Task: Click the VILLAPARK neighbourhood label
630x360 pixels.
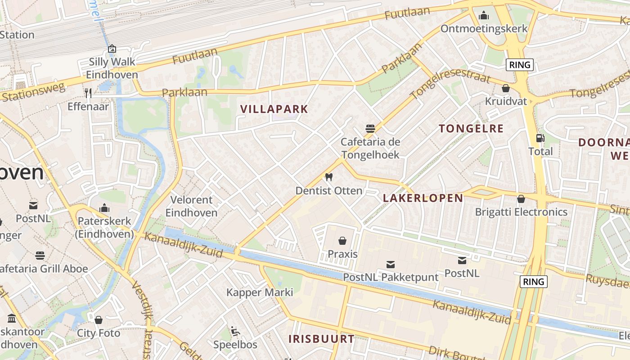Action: (x=274, y=109)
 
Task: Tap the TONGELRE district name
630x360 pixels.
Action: (x=471, y=129)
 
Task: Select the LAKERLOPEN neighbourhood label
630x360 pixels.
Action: (x=423, y=198)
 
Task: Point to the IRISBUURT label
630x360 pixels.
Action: (x=321, y=339)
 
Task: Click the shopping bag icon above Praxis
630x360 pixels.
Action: (x=342, y=241)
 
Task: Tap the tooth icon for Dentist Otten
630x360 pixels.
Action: (x=328, y=177)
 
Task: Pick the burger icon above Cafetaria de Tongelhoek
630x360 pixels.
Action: (x=370, y=128)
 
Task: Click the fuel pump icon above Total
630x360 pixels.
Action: (x=540, y=138)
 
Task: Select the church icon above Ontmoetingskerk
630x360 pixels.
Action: (x=484, y=16)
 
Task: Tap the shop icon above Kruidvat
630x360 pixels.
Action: (x=505, y=88)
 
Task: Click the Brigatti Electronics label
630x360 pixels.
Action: (x=521, y=211)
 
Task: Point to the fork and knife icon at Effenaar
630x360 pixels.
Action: (x=88, y=93)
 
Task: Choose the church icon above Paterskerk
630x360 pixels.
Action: (x=104, y=208)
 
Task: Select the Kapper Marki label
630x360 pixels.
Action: (x=260, y=292)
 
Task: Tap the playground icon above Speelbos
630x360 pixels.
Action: (x=235, y=332)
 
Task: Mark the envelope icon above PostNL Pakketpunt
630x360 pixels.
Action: (x=391, y=264)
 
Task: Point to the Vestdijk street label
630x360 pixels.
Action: (x=142, y=306)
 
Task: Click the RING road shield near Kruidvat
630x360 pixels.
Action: (x=520, y=65)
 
